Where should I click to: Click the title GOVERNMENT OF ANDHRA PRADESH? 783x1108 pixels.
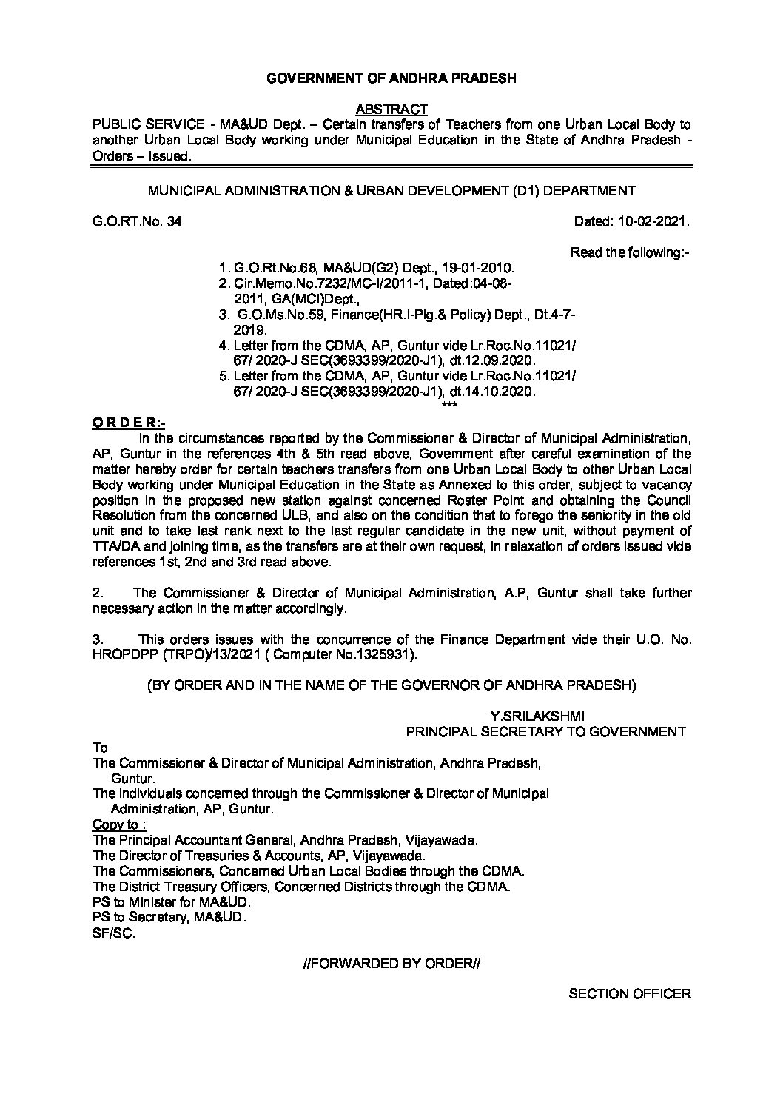pos(391,78)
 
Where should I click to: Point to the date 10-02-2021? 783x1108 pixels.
pos(653,221)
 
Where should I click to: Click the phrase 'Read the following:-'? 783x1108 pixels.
pos(630,252)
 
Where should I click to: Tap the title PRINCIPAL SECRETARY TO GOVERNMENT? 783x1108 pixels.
pos(546,731)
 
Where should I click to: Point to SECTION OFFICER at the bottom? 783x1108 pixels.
pos(629,994)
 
